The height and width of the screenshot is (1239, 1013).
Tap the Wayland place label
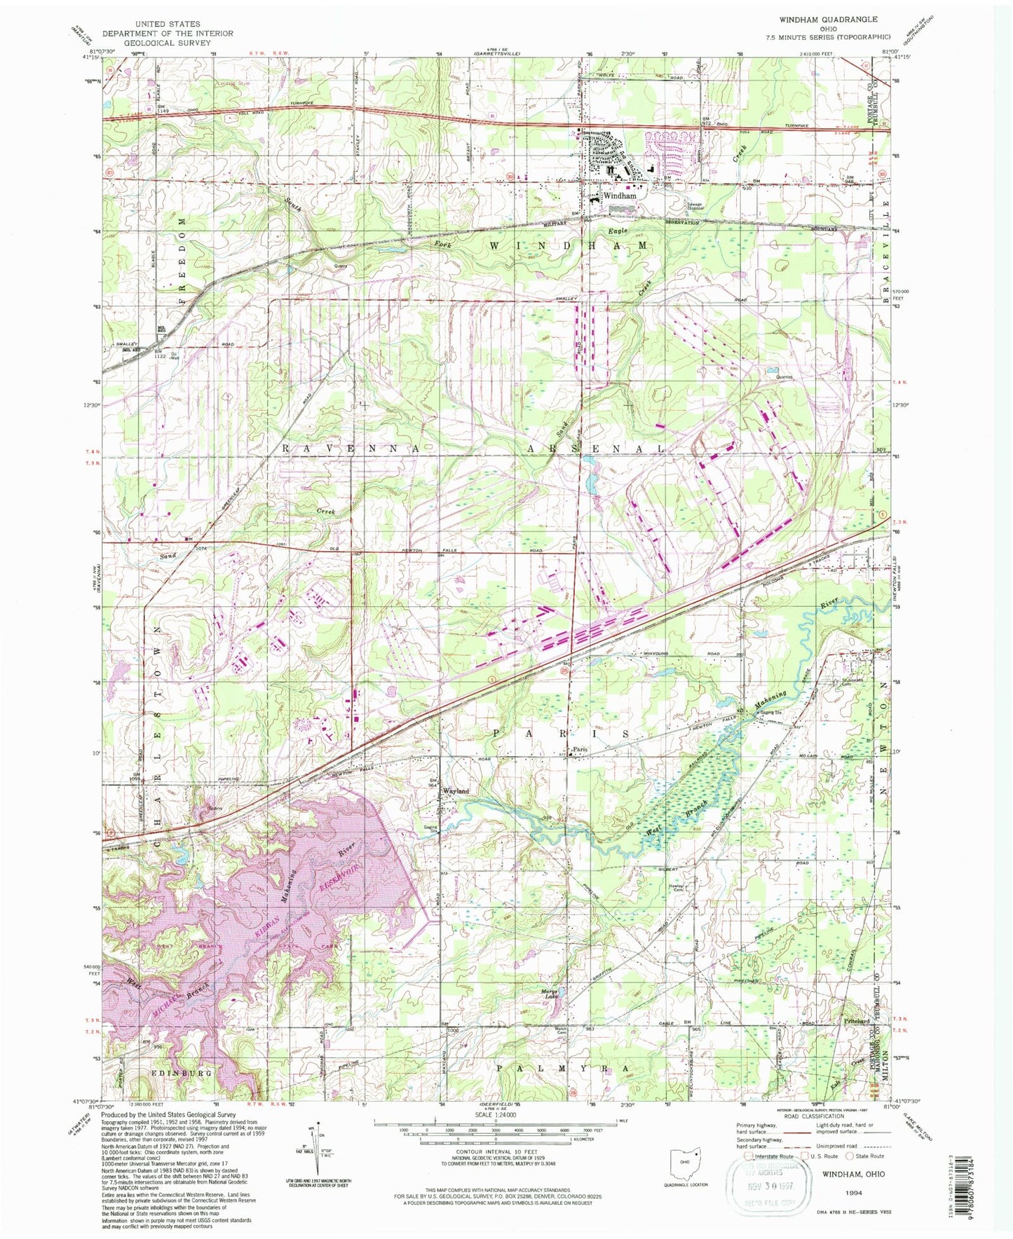pos(455,791)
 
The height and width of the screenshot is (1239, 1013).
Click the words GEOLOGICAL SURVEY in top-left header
pos(168,43)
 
